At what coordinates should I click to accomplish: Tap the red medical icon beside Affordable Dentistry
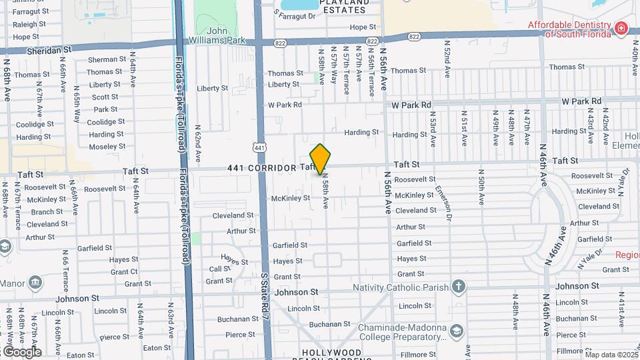621,27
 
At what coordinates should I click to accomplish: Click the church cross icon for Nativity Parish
458,287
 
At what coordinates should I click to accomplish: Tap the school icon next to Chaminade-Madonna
457,331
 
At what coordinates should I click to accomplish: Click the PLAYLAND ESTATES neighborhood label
344,6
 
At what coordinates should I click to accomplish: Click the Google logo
21,351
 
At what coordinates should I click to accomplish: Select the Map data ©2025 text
611,355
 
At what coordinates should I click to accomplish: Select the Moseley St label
107,147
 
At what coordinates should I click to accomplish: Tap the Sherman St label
107,59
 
